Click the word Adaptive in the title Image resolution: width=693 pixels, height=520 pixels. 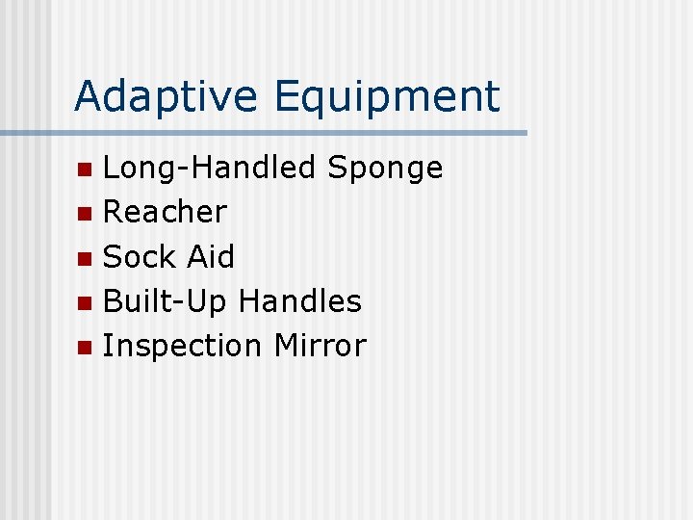(167, 96)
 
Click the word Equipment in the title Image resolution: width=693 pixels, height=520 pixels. (387, 96)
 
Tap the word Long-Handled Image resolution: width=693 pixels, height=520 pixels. (209, 168)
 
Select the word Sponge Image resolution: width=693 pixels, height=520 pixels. (385, 169)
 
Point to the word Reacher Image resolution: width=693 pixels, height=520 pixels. (165, 211)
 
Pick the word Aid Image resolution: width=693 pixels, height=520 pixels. (210, 256)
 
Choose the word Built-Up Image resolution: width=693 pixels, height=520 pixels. (165, 301)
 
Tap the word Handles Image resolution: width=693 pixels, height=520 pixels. (299, 300)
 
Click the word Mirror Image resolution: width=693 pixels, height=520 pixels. (320, 345)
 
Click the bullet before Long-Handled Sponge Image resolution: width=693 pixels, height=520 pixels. (86, 170)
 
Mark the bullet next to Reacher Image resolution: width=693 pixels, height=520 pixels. (86, 214)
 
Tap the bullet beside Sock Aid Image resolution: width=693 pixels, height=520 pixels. (86, 259)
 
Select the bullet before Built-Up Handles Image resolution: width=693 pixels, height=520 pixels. (86, 303)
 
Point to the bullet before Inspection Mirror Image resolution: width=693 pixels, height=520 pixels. (86, 348)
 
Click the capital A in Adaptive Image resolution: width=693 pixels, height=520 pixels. (88, 96)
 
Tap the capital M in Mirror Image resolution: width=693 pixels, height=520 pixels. (287, 345)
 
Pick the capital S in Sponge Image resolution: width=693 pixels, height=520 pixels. (338, 168)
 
